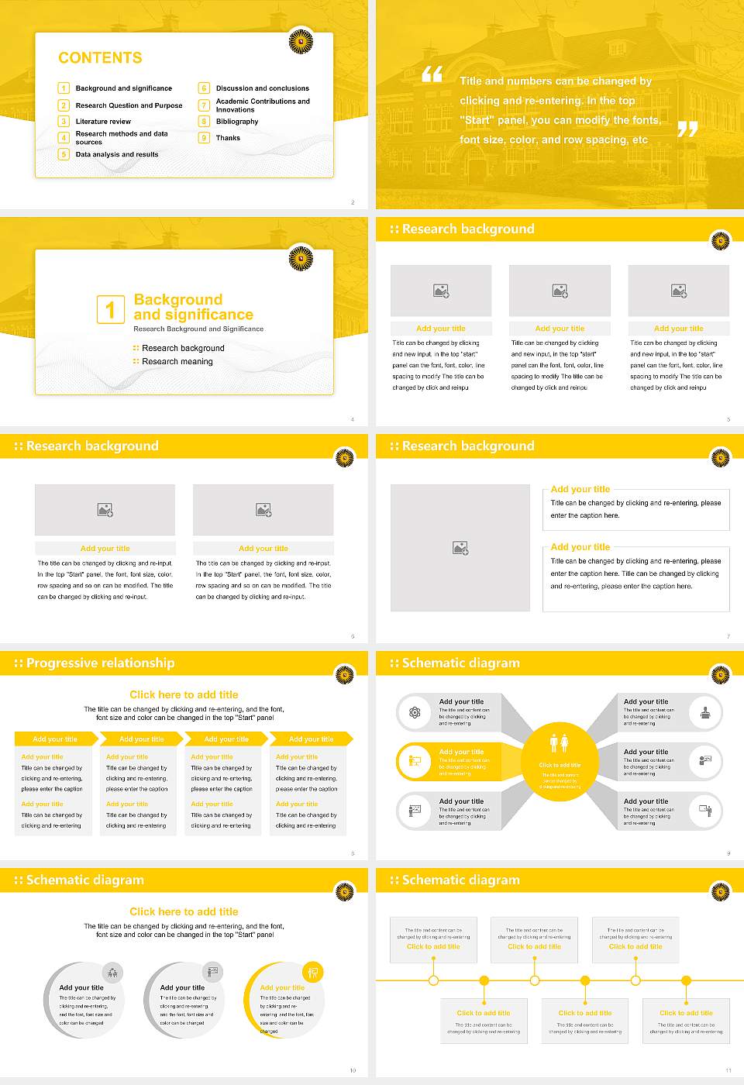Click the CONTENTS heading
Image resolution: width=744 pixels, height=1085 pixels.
coord(100,58)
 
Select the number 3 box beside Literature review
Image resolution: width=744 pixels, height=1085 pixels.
coord(64,122)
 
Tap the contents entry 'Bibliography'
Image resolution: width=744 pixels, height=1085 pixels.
coord(236,122)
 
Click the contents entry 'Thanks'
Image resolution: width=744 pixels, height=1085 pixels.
coord(228,138)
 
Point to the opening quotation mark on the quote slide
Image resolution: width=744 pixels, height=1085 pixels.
coord(432,74)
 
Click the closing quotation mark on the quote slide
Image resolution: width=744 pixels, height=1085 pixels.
coord(687,129)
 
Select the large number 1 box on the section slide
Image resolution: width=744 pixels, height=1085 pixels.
coord(110,309)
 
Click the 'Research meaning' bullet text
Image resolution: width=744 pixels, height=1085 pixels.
coord(177,362)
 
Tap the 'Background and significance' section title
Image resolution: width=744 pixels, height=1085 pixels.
coord(193,307)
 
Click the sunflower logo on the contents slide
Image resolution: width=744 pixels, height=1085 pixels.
coord(301,42)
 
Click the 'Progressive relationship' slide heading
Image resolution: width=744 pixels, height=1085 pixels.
coord(100,663)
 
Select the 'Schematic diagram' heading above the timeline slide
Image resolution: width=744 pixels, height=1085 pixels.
coord(460,880)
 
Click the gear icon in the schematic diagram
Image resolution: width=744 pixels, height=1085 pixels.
coord(415,712)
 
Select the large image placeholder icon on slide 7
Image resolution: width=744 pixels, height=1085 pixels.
coord(460,548)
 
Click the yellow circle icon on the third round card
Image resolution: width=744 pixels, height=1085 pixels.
coord(312,972)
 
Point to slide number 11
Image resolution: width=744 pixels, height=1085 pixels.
coord(728,1070)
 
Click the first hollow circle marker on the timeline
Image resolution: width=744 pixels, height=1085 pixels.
coord(433,980)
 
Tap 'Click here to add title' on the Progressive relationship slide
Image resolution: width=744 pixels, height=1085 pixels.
coord(184,695)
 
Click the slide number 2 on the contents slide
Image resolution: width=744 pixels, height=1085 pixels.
coord(353,202)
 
